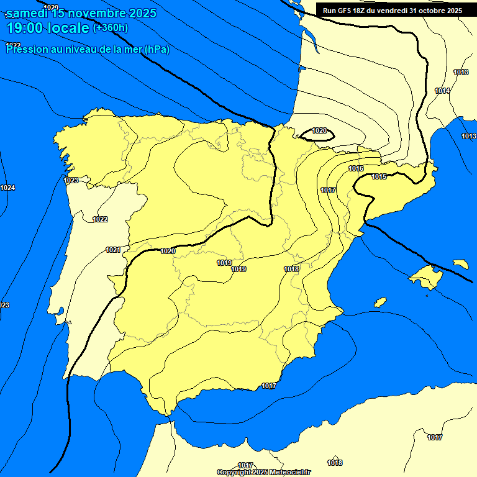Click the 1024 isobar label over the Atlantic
click(x=7, y=188)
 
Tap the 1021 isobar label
click(x=112, y=250)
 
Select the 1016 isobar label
click(x=356, y=169)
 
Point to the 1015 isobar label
click(x=379, y=177)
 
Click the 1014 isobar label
click(x=442, y=91)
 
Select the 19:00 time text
click(x=27, y=28)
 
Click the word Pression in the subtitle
click(x=27, y=50)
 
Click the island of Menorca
click(x=461, y=264)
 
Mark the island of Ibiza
click(x=379, y=302)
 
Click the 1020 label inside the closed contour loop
click(x=319, y=130)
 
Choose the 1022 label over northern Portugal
click(x=100, y=219)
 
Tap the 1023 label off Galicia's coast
click(x=71, y=180)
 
